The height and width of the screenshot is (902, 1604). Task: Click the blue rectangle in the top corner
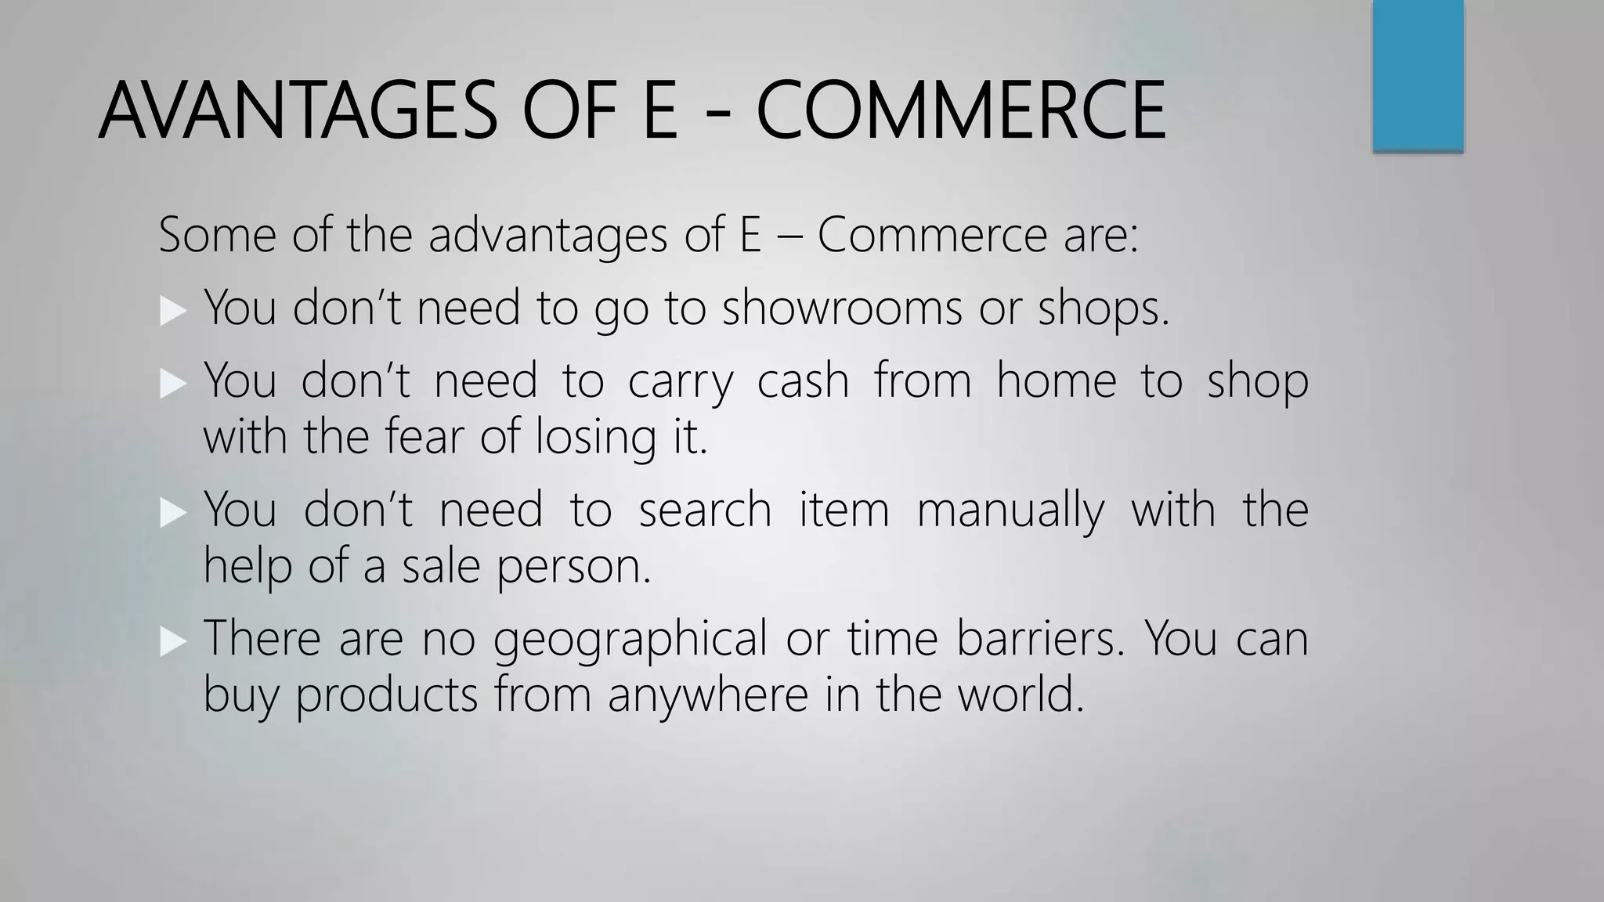click(x=1418, y=75)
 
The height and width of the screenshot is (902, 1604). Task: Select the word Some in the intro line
click(x=217, y=235)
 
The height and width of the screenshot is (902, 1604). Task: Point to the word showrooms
click(x=841, y=307)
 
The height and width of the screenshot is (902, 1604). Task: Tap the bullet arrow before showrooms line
click(x=173, y=311)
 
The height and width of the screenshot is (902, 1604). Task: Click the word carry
click(x=681, y=381)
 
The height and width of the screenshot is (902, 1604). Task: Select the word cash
click(x=803, y=381)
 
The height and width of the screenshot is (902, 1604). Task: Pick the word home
click(x=1056, y=381)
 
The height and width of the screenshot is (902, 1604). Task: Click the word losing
click(x=595, y=437)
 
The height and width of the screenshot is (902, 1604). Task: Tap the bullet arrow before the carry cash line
click(x=173, y=384)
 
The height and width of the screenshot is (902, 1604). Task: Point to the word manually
click(x=1010, y=511)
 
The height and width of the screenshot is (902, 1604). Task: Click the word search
click(x=705, y=511)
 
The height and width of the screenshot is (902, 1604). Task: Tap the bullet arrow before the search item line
click(x=173, y=514)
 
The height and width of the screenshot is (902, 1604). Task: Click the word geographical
click(x=630, y=639)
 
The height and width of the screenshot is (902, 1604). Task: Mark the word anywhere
click(x=707, y=695)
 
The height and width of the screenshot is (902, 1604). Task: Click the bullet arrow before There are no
click(x=173, y=643)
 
